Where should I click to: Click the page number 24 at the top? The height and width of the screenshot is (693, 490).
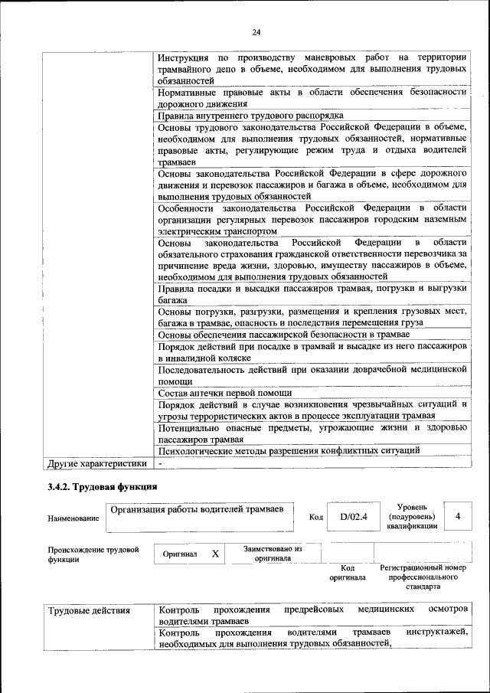pos(256,31)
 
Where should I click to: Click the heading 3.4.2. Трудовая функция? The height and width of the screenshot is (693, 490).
pos(103,486)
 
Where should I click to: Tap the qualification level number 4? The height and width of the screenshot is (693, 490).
pos(457,516)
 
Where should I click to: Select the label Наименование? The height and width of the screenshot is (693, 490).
pos(73,519)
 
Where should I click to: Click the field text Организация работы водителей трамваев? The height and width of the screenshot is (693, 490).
pos(197,509)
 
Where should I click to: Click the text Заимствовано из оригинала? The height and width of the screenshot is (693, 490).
pos(273,554)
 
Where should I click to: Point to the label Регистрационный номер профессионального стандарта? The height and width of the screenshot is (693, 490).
pos(423,577)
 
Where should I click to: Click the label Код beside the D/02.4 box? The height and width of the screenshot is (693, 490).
pos(315,517)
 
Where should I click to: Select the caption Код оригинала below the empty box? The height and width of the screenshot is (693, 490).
pos(347,572)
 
